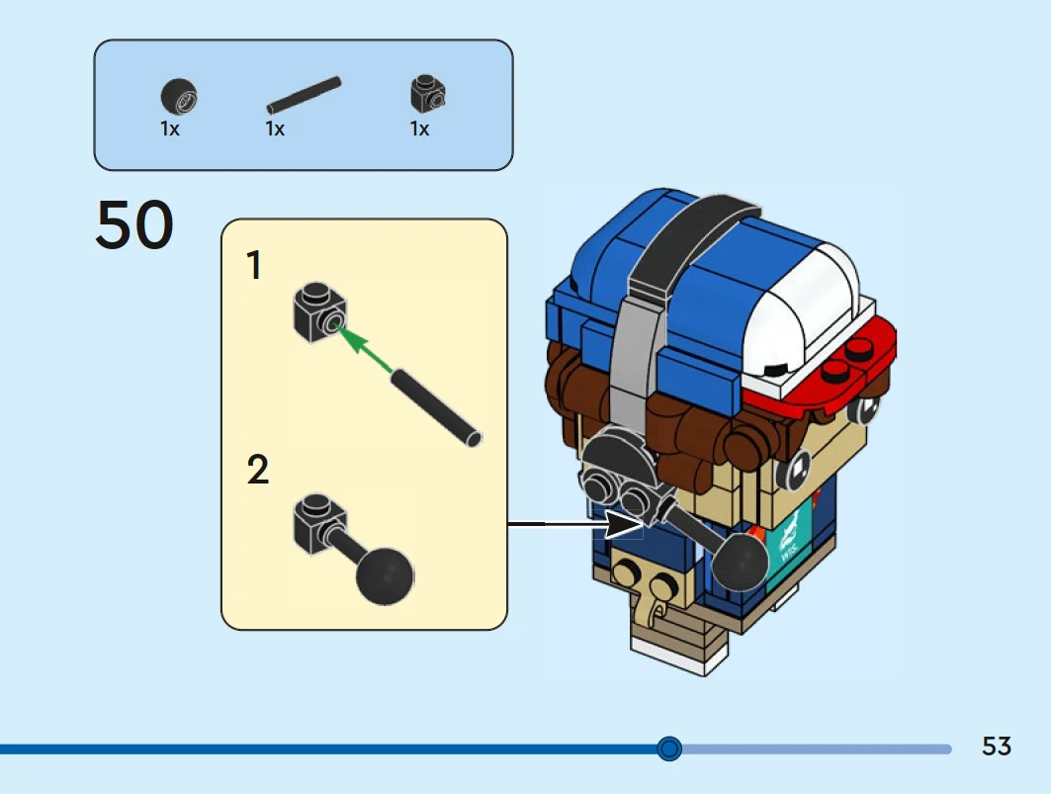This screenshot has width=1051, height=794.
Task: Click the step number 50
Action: (x=134, y=225)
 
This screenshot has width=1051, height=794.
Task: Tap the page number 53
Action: (x=997, y=747)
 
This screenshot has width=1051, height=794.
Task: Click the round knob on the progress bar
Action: (x=669, y=749)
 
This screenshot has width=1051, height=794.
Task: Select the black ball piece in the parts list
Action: (x=179, y=97)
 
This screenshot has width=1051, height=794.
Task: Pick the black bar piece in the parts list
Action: (x=304, y=95)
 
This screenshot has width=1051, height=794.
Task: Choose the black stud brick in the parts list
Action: (x=427, y=95)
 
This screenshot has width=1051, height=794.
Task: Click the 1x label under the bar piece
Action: (x=275, y=130)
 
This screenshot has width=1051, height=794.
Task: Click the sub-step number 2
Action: (x=257, y=471)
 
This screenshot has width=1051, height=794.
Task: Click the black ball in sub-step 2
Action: (x=384, y=575)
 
